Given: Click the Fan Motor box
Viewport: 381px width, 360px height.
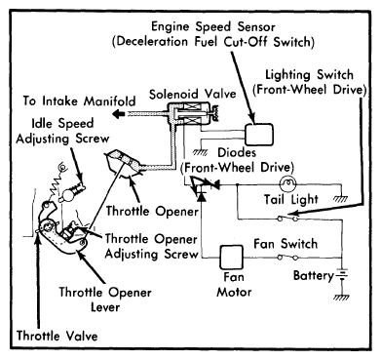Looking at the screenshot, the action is click(232, 257).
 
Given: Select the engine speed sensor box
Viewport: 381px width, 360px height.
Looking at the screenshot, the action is click(258, 135).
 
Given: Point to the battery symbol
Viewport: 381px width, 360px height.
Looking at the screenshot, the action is click(341, 275).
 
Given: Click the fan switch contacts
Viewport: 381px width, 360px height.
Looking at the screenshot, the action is click(287, 258).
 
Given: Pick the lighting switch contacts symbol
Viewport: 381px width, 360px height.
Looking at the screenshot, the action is click(287, 218).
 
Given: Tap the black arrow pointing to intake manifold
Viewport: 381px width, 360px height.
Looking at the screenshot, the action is click(119, 114).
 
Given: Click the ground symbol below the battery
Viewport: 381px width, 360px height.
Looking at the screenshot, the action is click(341, 297).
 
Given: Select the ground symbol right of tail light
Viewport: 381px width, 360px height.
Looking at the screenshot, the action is click(341, 198).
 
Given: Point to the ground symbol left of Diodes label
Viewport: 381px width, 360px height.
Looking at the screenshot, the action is click(200, 152).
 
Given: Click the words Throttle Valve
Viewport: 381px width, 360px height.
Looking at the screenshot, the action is click(57, 336).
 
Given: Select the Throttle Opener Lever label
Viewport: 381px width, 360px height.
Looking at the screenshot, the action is click(105, 300).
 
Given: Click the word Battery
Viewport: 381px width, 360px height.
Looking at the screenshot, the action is click(313, 275).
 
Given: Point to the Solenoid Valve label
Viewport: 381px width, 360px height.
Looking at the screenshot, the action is click(192, 94).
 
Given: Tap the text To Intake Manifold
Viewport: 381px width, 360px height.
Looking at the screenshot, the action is click(79, 100).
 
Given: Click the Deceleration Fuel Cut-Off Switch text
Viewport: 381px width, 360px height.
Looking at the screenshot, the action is click(213, 42).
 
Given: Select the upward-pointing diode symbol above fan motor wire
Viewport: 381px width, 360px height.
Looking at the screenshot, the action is click(202, 195).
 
